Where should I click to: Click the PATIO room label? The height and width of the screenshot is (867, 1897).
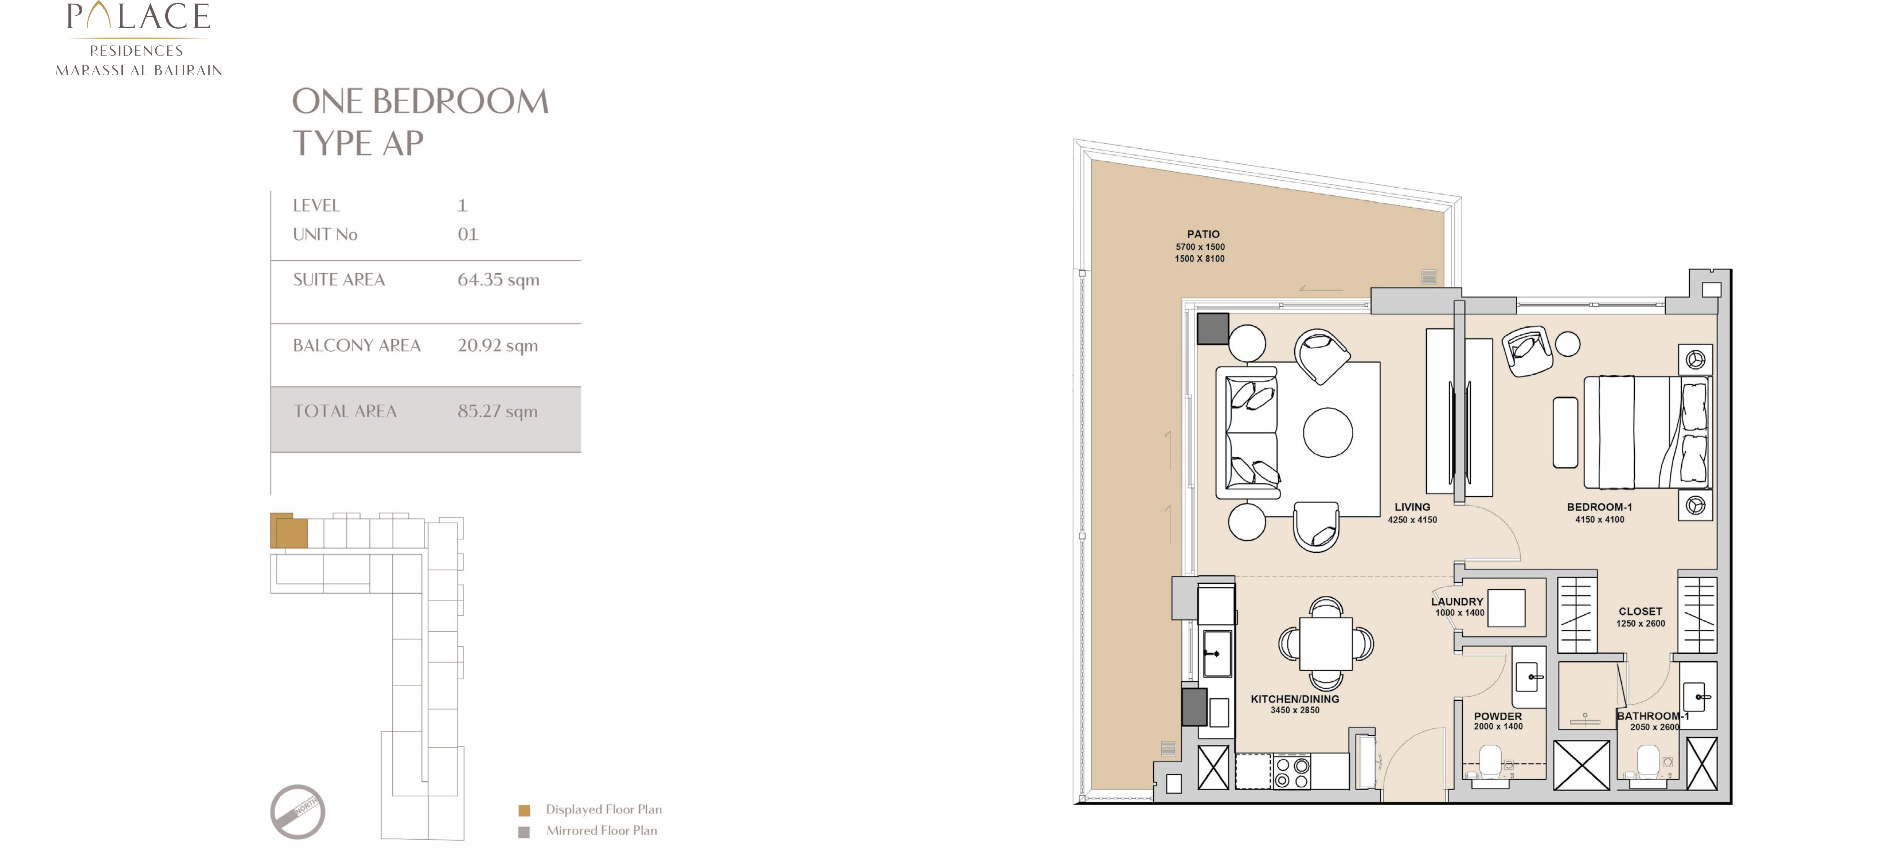tap(1203, 234)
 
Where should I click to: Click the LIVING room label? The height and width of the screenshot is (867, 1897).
tap(1412, 507)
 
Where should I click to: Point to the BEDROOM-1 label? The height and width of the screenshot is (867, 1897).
tap(1599, 507)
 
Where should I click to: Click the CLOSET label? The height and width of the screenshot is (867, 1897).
tap(1640, 612)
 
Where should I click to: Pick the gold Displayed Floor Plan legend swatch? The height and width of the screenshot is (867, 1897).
tap(524, 810)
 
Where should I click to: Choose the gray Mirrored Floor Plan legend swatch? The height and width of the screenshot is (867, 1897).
tap(524, 832)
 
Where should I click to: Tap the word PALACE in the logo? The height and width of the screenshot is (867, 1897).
tap(138, 16)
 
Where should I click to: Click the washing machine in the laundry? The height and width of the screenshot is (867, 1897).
tap(1506, 608)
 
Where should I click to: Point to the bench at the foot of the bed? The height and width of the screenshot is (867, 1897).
tap(1565, 433)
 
